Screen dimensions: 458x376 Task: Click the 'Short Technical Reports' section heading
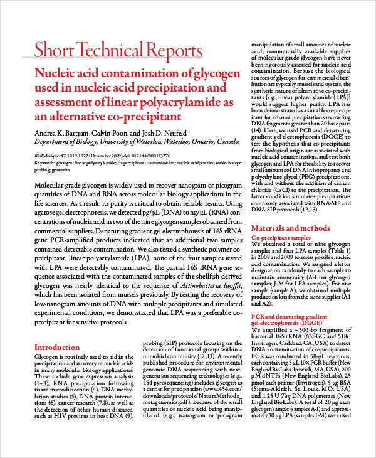point(118,50)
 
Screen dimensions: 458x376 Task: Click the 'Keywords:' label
point(44,162)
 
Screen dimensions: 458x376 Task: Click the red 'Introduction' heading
point(57,347)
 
